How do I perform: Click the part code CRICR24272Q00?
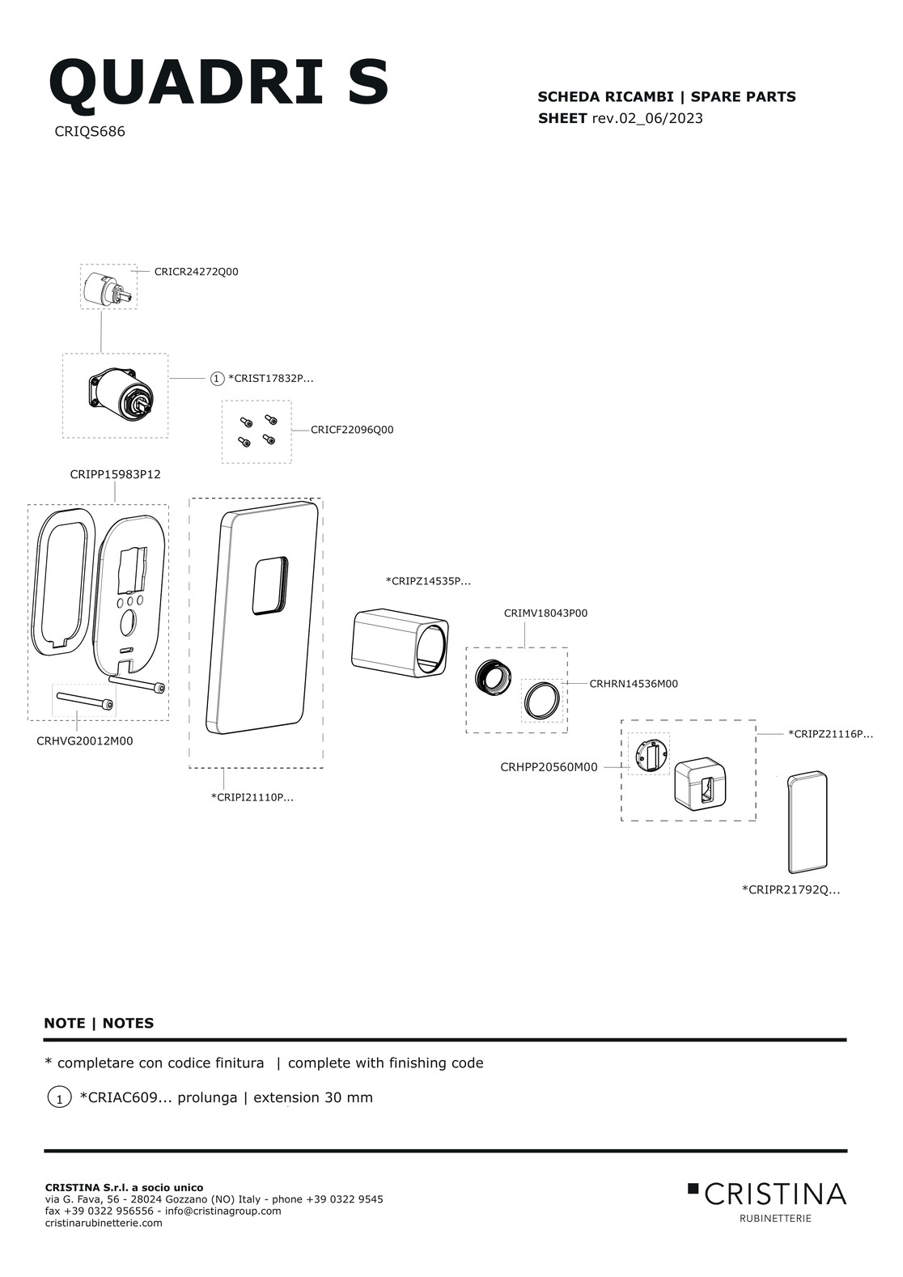pos(196,272)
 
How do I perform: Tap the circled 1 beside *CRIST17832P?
pos(217,378)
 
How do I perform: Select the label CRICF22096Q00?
pos(352,430)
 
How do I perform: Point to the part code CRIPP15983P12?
pos(115,474)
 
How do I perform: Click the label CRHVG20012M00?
pos(84,741)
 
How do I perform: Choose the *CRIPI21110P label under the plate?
pos(252,798)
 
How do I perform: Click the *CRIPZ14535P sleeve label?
pos(428,582)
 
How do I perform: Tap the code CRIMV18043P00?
pos(545,613)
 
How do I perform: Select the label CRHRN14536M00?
pos(634,684)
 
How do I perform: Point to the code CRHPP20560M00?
pos(549,767)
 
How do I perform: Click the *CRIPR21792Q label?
pos(791,889)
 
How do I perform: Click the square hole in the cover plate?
pos(270,585)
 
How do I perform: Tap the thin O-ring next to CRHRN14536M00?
pos(542,701)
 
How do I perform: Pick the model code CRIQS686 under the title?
pos(90,132)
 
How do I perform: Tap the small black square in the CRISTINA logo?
pos(693,1188)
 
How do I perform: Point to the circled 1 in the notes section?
pos(59,1097)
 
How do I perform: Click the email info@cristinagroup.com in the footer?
pos(223,1211)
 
